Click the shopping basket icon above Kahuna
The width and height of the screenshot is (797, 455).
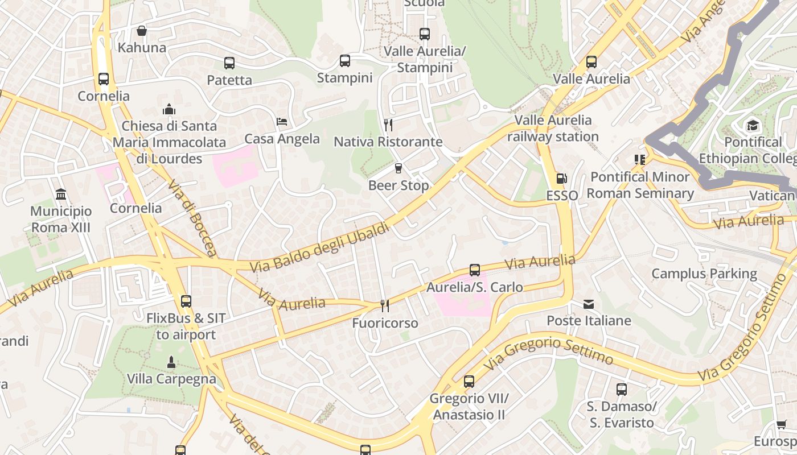tap(142, 31)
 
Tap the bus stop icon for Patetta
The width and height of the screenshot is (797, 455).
tap(229, 63)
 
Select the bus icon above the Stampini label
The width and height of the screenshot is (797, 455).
tap(344, 61)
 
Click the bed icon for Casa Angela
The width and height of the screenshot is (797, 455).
tap(282, 122)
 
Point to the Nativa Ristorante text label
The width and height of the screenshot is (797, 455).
tap(388, 142)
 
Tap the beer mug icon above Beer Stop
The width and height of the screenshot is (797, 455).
tap(398, 168)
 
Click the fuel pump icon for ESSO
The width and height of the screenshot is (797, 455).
tap(562, 179)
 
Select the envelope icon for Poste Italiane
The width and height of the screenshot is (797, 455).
tap(589, 304)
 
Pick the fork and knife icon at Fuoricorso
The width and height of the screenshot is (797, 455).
tap(385, 306)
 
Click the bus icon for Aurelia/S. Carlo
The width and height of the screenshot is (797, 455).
tap(475, 270)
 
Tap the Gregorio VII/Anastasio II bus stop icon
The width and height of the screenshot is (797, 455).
tap(469, 381)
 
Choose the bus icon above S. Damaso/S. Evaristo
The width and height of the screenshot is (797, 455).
tap(621, 390)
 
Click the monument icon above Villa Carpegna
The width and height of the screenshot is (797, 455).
tap(171, 362)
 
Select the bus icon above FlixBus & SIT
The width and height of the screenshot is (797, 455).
tap(186, 301)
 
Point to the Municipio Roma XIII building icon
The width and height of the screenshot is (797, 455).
tap(61, 195)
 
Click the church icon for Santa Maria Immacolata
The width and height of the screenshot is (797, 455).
tap(169, 109)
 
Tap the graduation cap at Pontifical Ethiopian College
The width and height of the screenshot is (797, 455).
tap(753, 125)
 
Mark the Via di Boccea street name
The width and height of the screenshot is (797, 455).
tap(192, 218)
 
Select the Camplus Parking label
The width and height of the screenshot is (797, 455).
tap(704, 274)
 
